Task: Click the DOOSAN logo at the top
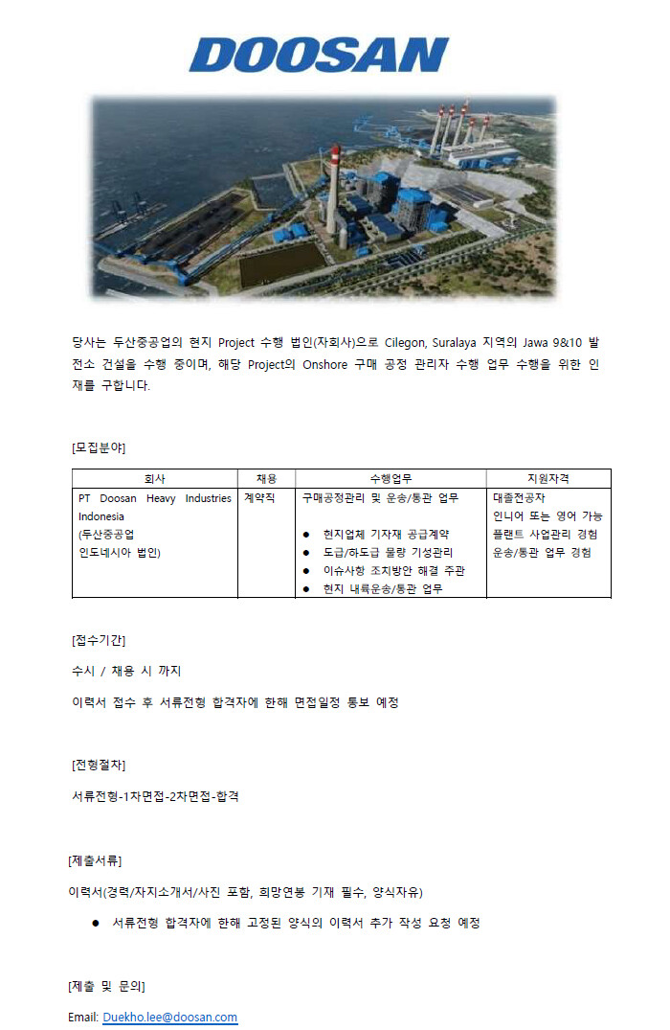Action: (320, 56)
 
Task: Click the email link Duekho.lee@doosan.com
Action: (169, 1017)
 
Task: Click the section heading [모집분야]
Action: (99, 447)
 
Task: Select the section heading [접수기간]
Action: (99, 640)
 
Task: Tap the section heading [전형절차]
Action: (99, 765)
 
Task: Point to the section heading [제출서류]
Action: (95, 860)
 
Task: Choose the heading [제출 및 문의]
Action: (106, 986)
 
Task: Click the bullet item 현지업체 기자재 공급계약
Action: (386, 534)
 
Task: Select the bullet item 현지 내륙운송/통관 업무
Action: (382, 588)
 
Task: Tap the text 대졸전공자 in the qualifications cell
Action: (519, 498)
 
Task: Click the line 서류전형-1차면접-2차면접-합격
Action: (155, 796)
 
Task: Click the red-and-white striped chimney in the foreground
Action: (332, 192)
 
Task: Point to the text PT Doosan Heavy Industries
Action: (154, 498)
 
